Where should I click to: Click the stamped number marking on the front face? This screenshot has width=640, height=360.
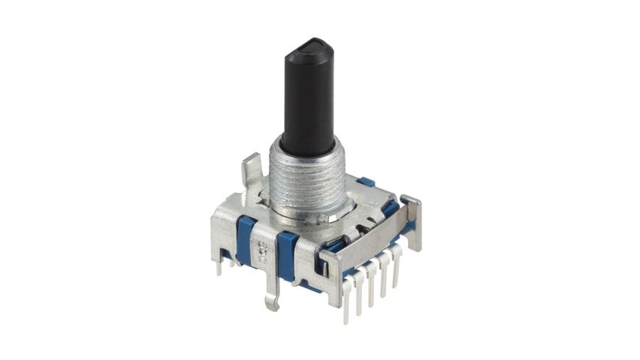262,247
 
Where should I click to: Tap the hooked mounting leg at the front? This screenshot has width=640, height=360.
272,288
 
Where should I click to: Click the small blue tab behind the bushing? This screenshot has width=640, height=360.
366,182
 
